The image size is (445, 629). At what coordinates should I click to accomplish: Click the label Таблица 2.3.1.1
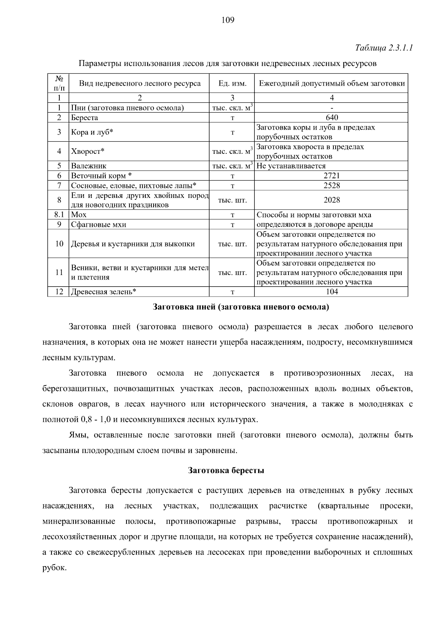pyautogui.click(x=384, y=48)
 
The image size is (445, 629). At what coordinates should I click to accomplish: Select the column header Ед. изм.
pyautogui.click(x=233, y=83)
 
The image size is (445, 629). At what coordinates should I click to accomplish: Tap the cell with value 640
pyautogui.click(x=332, y=117)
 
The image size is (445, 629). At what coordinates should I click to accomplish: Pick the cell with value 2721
pyautogui.click(x=332, y=176)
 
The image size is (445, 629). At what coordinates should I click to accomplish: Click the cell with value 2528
pyautogui.click(x=332, y=185)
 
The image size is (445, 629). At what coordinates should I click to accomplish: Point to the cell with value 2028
pyautogui.click(x=332, y=200)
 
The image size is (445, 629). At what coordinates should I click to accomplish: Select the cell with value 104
pyautogui.click(x=332, y=292)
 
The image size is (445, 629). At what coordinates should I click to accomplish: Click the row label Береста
pyautogui.click(x=85, y=118)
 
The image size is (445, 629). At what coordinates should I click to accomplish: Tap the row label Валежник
pyautogui.click(x=89, y=166)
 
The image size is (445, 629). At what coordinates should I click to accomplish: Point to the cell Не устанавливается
pyautogui.click(x=291, y=166)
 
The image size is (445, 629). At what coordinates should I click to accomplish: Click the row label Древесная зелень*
pyautogui.click(x=103, y=292)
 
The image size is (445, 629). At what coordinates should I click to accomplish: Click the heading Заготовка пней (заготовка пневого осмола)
pyautogui.click(x=241, y=307)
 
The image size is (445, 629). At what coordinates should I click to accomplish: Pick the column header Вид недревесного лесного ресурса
pyautogui.click(x=139, y=83)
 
